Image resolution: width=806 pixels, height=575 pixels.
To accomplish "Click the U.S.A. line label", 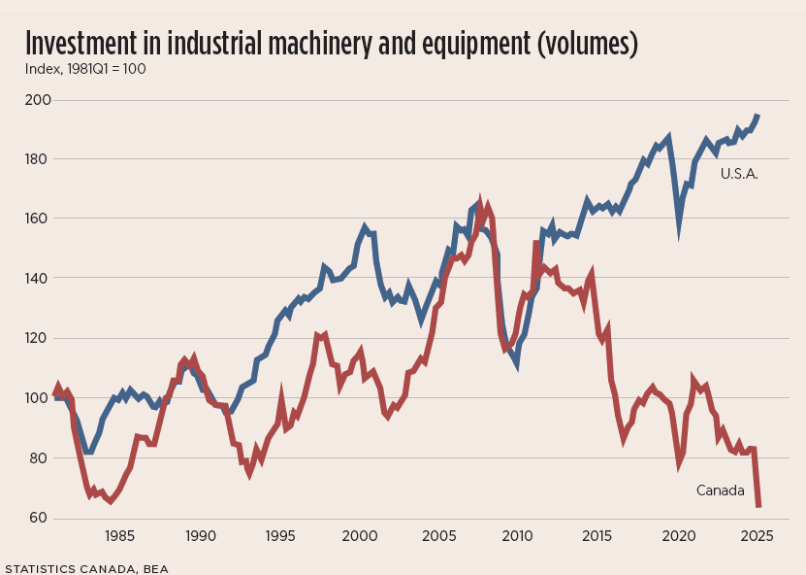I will point(739,174).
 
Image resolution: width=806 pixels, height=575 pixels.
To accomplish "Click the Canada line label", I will point(719,490).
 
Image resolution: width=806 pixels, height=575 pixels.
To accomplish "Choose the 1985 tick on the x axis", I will point(119,536).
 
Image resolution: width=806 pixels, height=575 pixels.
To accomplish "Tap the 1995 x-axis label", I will point(279,536).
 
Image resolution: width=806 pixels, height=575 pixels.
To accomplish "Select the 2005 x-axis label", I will point(438,536).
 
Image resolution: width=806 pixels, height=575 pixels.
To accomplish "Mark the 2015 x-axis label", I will point(598,536).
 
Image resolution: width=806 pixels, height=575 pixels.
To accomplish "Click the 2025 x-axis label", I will point(758,536).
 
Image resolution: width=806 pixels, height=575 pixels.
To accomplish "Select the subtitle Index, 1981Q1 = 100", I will point(84,69).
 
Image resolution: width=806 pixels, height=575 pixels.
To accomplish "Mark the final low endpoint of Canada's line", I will point(758,506).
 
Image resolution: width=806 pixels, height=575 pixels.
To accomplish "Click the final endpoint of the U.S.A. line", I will point(758,116).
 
